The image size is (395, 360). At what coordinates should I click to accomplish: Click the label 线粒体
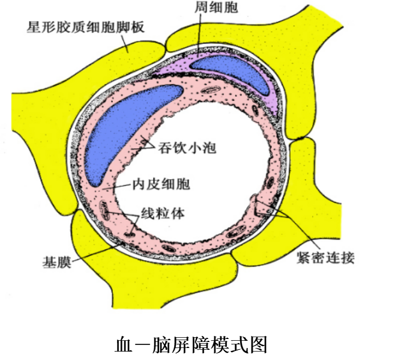pos(161,213)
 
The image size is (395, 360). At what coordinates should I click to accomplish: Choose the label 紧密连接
pos(325,258)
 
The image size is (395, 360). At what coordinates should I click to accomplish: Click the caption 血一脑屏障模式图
pos(191,345)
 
